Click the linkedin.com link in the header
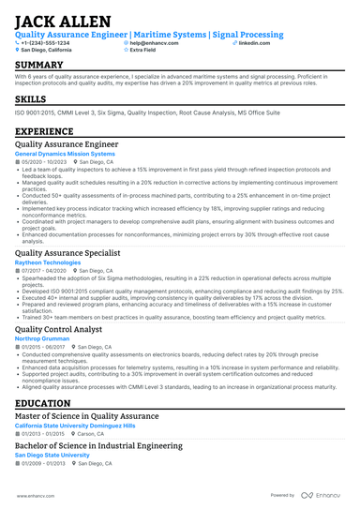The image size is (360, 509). click(x=253, y=42)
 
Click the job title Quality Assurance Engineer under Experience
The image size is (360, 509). click(x=67, y=144)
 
